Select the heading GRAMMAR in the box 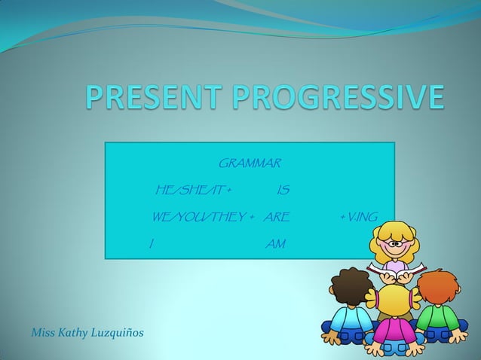(x=249, y=163)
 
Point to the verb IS (x=283, y=189)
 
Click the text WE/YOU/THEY (x=202, y=218)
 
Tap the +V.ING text (x=359, y=218)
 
